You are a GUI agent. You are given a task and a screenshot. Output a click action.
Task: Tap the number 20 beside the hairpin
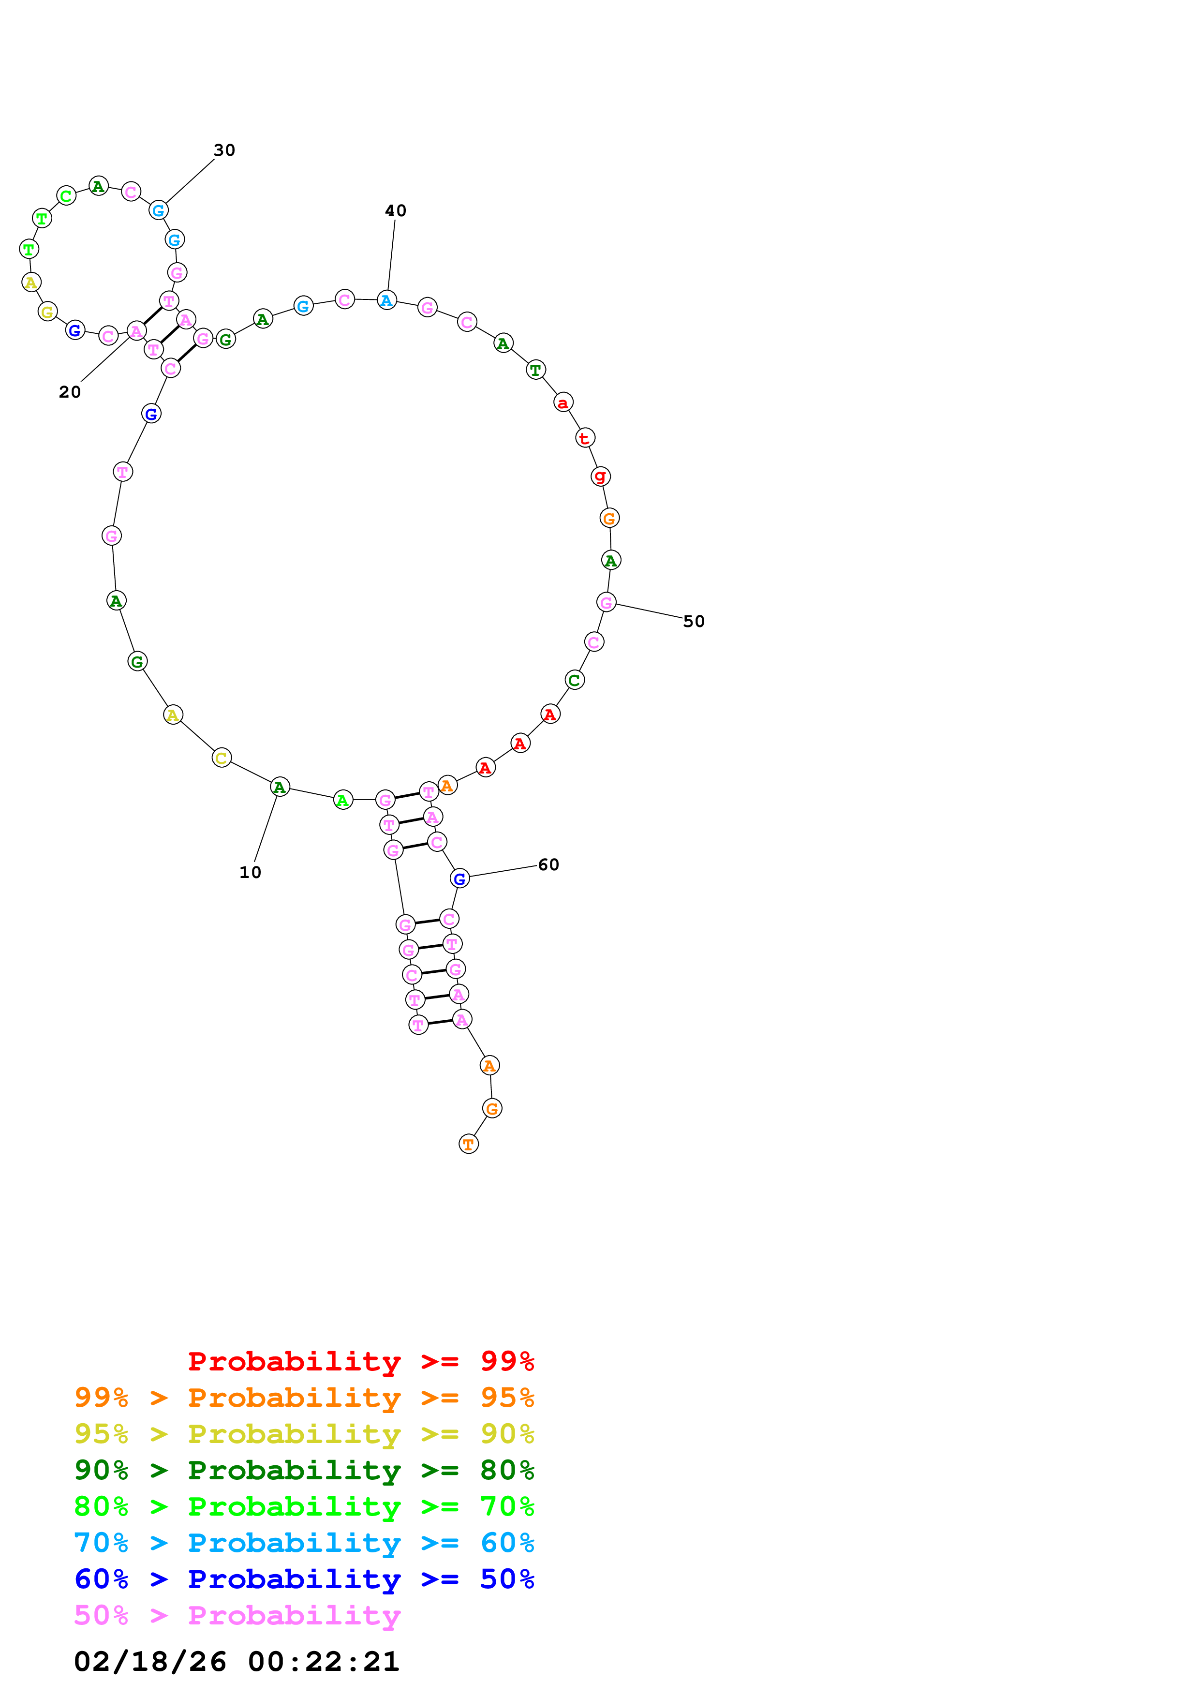[x=70, y=392]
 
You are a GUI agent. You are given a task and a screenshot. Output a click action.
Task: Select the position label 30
[x=224, y=150]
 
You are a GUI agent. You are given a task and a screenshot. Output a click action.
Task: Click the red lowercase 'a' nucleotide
[x=563, y=403]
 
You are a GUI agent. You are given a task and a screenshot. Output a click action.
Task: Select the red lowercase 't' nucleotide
[x=584, y=438]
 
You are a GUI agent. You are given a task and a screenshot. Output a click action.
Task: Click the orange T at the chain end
[x=468, y=1144]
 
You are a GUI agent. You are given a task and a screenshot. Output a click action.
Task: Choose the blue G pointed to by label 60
[x=459, y=878]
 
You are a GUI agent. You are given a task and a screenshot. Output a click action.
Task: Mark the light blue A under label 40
[x=386, y=300]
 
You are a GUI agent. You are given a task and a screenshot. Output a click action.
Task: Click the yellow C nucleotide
[x=221, y=758]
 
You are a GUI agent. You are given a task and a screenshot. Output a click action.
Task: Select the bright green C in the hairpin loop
[x=66, y=196]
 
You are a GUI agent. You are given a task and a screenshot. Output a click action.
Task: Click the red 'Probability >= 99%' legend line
[x=360, y=1361]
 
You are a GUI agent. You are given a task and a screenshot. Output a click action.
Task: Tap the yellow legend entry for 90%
[x=304, y=1434]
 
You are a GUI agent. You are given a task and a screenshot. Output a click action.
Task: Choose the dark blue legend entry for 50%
[x=304, y=1579]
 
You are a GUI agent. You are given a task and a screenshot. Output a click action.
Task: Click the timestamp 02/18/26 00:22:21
[x=237, y=1662]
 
